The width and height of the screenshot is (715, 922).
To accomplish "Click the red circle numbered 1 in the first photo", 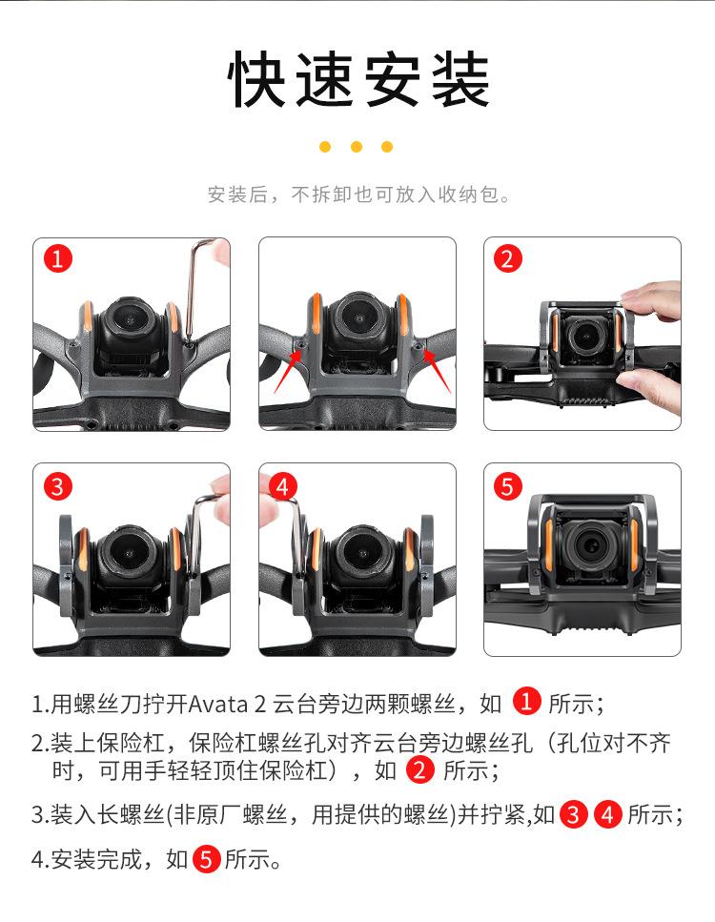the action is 57,258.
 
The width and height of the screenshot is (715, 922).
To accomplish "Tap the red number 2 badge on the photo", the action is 508,258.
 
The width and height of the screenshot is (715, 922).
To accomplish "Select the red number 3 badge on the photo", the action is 57,486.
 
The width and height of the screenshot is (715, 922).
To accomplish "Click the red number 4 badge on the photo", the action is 283,486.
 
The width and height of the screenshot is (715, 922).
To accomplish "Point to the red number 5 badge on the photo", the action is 508,486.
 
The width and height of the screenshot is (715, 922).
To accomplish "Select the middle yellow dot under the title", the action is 357,147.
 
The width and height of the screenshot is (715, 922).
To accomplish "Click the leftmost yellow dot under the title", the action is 325,147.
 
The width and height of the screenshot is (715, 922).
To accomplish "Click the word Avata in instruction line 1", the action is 217,704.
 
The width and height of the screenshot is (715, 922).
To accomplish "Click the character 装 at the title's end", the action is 460,79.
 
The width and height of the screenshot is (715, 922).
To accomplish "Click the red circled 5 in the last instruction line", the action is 206,860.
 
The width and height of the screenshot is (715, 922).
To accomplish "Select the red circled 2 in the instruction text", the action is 419,770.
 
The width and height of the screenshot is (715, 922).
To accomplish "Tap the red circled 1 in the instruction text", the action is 526,702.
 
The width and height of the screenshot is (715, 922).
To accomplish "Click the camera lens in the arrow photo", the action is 357,318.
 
